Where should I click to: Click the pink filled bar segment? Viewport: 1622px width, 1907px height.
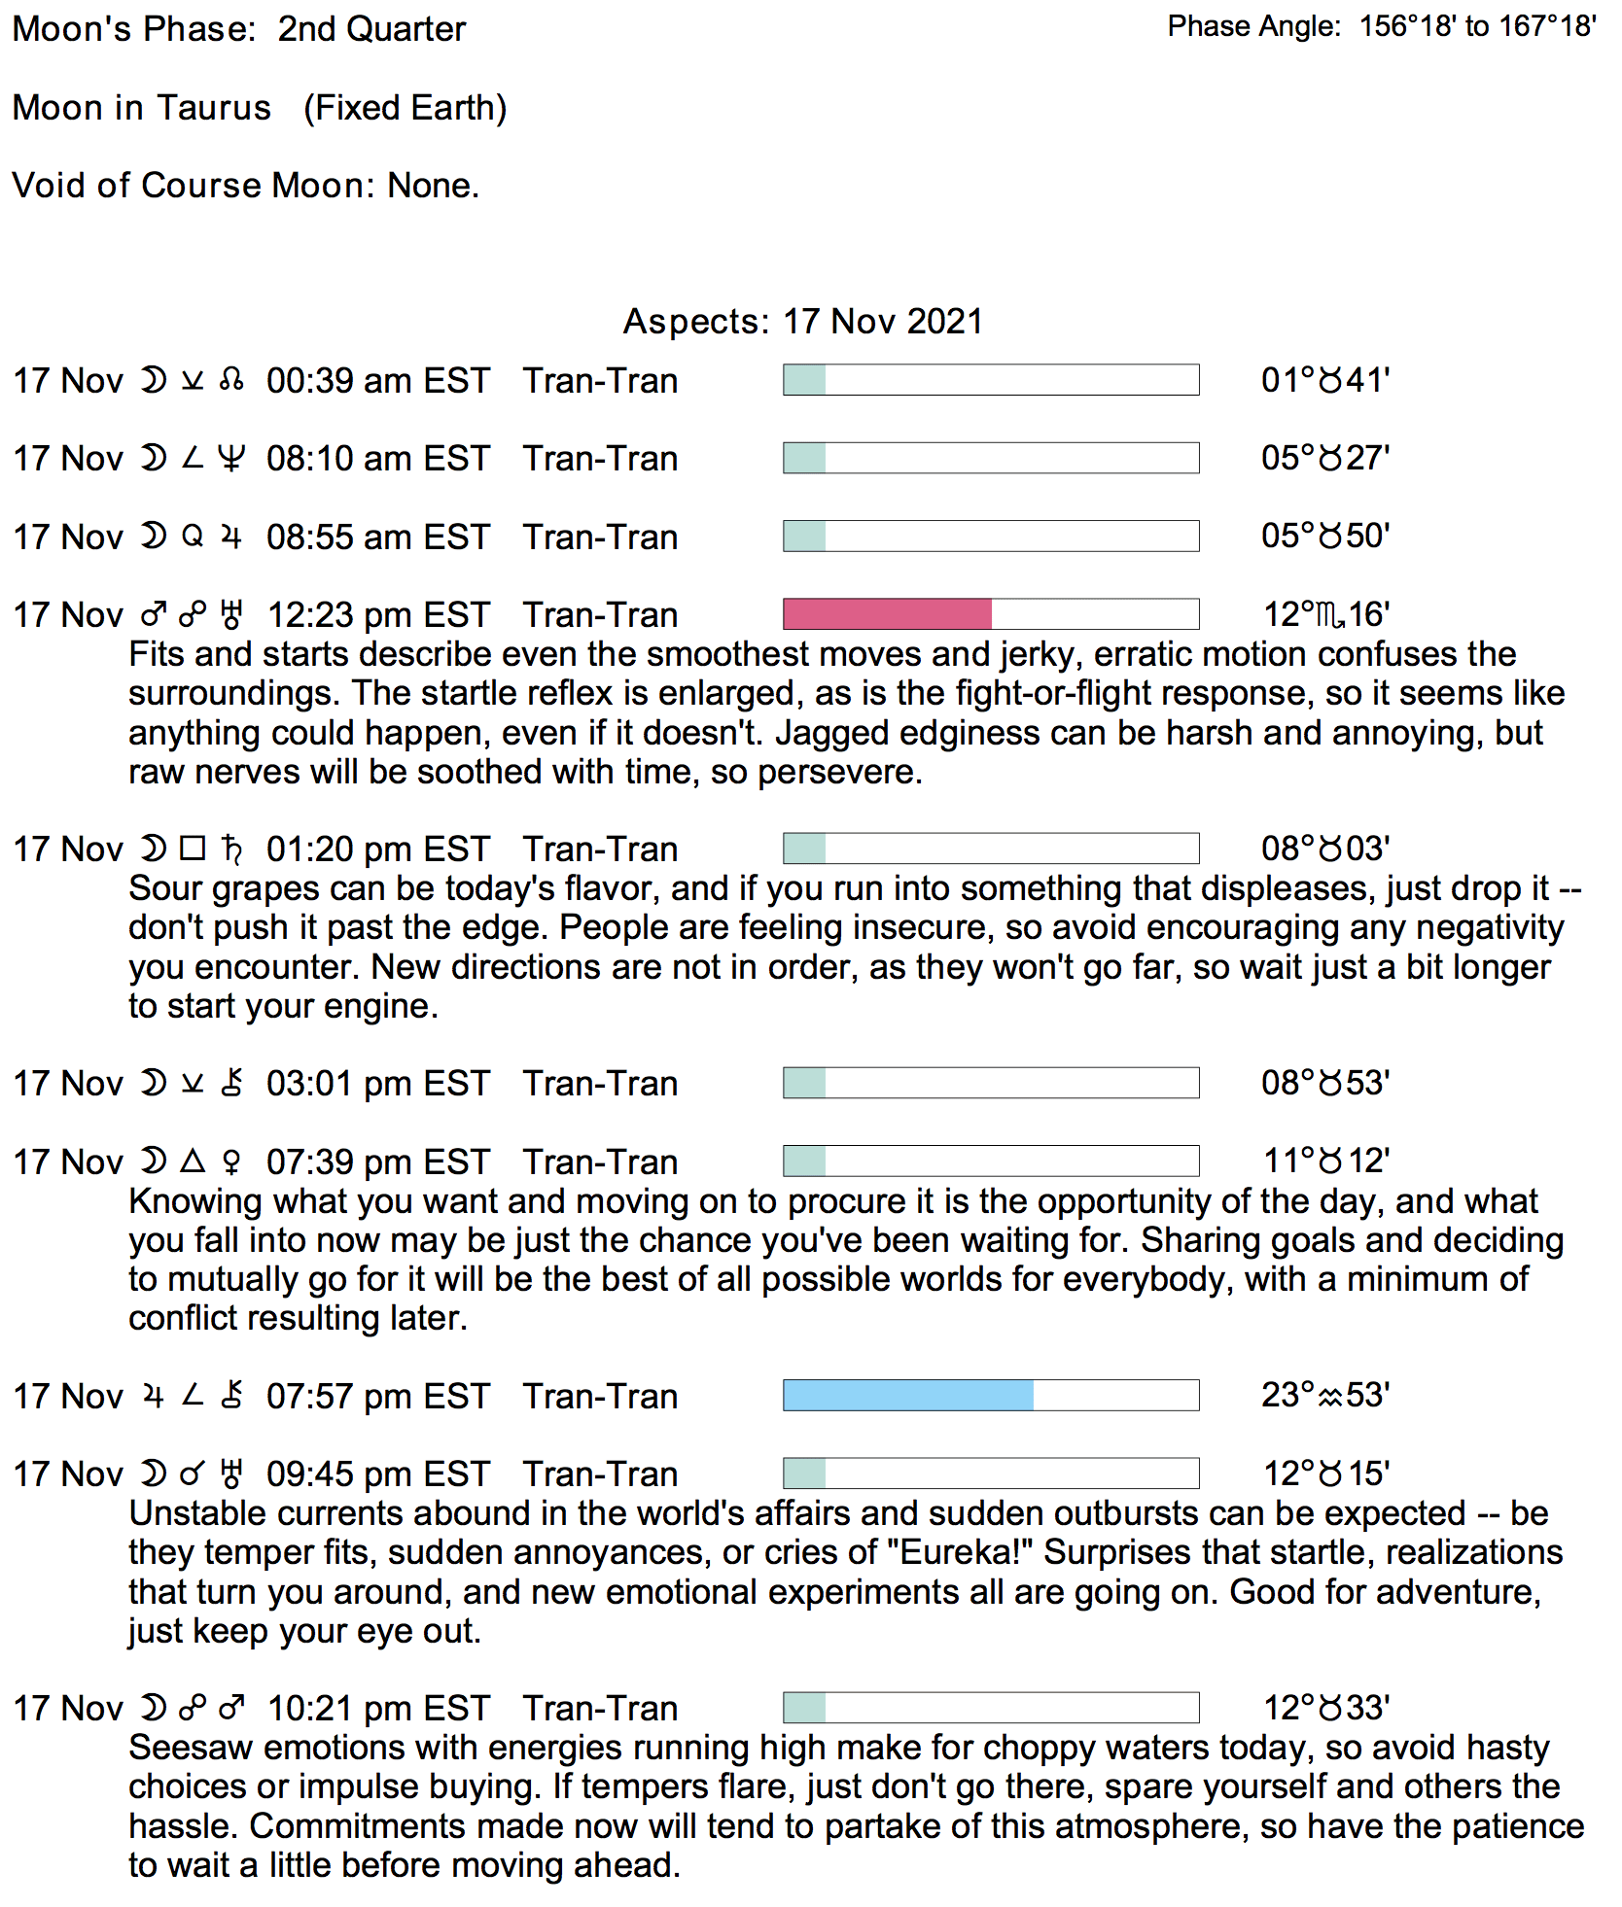(x=887, y=614)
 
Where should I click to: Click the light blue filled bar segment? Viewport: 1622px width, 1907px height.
(x=908, y=1396)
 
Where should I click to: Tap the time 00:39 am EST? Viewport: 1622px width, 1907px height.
(x=378, y=381)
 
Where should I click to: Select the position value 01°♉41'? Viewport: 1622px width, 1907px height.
(x=1325, y=380)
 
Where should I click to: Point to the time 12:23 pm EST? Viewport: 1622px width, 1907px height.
(x=378, y=615)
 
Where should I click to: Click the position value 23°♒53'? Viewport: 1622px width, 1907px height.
(x=1325, y=1396)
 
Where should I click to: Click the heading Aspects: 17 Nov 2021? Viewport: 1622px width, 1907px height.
(x=803, y=322)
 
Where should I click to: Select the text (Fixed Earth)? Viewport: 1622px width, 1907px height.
(x=405, y=108)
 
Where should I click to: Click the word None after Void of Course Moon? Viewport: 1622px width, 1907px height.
(x=432, y=186)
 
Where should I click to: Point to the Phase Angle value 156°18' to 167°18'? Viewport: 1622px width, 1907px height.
(x=1477, y=26)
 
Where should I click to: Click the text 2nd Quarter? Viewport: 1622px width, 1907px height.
(x=371, y=29)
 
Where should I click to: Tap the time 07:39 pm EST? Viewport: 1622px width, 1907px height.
(x=378, y=1162)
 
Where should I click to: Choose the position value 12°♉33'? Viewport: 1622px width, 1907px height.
(x=1325, y=1708)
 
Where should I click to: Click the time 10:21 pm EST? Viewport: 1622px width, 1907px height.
(x=378, y=1709)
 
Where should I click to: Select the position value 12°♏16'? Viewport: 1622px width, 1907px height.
(x=1325, y=614)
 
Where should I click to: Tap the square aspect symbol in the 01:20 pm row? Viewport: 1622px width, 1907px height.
(x=194, y=849)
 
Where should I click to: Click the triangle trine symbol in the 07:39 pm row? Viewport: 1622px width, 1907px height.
(x=194, y=1161)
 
